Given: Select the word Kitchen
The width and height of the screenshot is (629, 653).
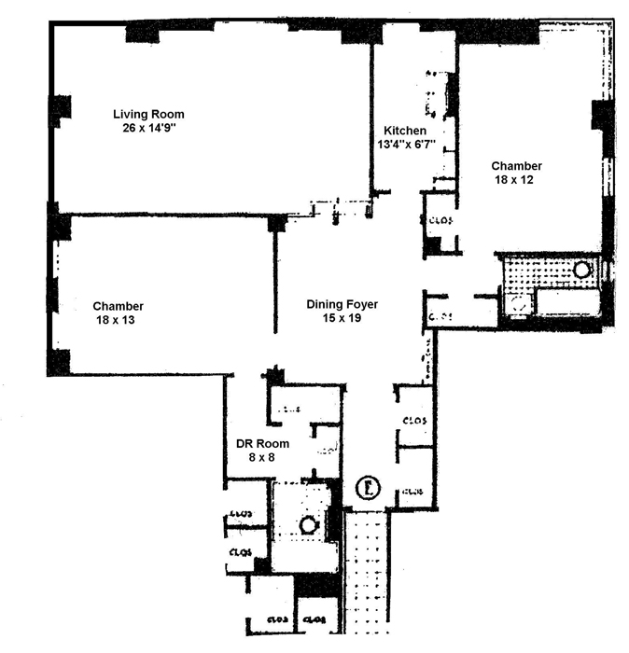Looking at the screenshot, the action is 406,130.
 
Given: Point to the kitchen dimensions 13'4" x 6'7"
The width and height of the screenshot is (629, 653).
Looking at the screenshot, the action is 406,145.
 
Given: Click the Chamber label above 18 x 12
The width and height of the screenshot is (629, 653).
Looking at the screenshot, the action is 516,166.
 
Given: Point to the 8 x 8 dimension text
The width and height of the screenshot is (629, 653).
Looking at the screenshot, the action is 258,458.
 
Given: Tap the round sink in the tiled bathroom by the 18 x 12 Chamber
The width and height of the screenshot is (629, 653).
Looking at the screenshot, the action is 581,269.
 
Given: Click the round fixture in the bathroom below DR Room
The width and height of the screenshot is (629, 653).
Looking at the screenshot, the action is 308,524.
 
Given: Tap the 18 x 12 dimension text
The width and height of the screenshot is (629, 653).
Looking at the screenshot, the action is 516,181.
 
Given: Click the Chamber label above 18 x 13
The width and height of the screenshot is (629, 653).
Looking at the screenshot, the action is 119,306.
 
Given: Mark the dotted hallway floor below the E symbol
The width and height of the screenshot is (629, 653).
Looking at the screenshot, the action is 366,569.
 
